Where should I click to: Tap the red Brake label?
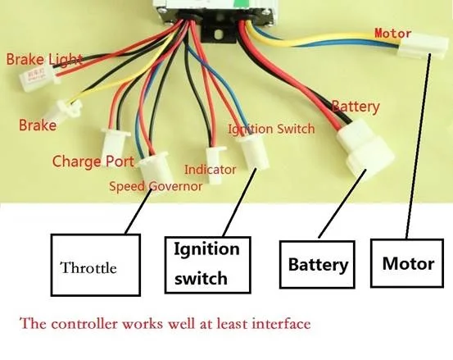(38, 125)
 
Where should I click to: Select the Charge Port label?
(93, 161)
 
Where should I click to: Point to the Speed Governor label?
(156, 185)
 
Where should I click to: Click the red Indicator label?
(210, 170)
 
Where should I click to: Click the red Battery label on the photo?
(356, 107)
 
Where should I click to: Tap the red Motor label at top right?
(392, 34)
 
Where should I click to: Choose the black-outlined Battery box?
(318, 265)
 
